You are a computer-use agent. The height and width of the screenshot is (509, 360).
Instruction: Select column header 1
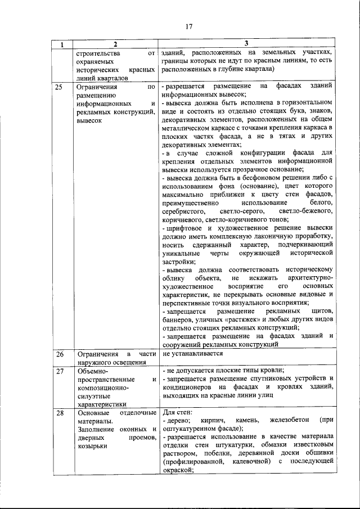coord(62,44)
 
